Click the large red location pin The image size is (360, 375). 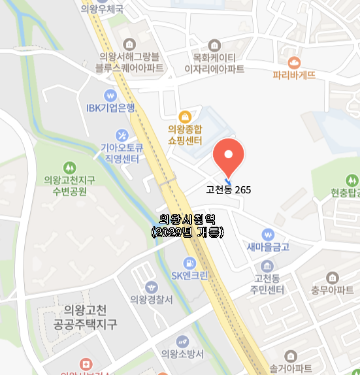pos(229,155)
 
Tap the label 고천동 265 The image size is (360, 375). pos(228,190)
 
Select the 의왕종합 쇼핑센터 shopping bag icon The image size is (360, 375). pos(185,117)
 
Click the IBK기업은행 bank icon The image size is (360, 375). pos(110,95)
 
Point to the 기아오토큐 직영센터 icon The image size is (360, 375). pos(120,135)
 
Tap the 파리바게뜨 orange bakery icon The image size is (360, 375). pos(294,62)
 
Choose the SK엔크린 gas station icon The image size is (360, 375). pos(189,263)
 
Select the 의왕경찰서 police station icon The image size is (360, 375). pos(152,287)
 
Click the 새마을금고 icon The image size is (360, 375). pos(267,235)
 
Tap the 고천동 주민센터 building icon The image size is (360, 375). pos(267,266)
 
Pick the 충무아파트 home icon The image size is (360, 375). pos(333,277)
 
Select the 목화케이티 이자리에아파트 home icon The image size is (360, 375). pos(214,44)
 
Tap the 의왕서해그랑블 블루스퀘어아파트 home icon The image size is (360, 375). pos(130,44)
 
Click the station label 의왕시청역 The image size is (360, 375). pos(187,220)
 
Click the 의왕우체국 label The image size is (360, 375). pos(102,9)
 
